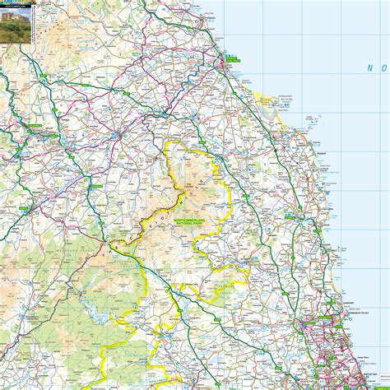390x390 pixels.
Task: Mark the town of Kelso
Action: pos(132,132)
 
